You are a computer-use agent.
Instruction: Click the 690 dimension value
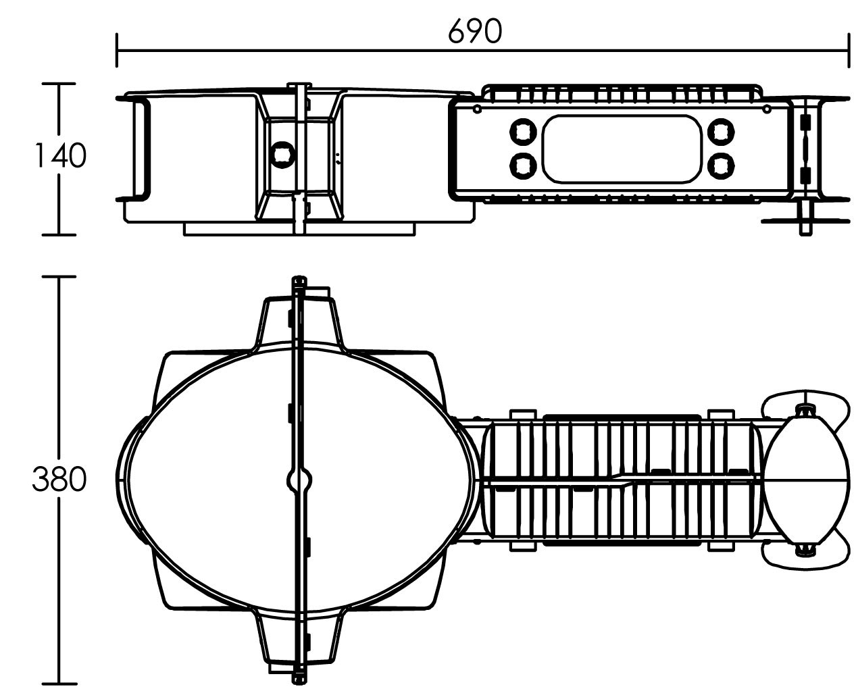point(475,31)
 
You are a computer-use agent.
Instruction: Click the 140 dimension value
point(60,155)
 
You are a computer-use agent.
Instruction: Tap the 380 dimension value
point(59,479)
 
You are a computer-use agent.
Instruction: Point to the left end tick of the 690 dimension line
point(117,50)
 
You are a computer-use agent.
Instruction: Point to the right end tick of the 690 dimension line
point(849,50)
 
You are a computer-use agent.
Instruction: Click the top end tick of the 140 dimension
point(59,84)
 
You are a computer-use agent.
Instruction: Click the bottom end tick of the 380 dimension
point(59,683)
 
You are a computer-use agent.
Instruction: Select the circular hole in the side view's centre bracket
point(282,154)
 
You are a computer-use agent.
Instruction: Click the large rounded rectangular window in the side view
point(622,149)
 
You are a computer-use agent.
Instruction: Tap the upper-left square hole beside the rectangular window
point(523,131)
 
